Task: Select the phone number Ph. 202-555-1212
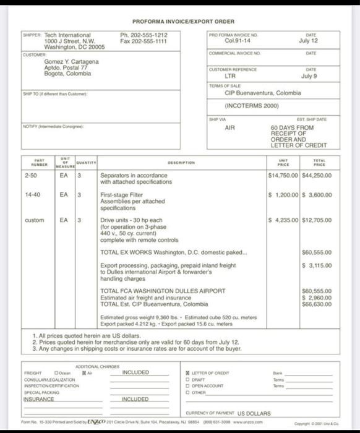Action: tap(144, 35)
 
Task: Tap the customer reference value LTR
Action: tap(230, 77)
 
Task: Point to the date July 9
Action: tap(309, 77)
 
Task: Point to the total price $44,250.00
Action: tap(316, 176)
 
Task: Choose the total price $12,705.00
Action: tap(316, 221)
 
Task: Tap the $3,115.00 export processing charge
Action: tap(316, 265)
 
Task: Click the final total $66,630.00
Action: tap(316, 304)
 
